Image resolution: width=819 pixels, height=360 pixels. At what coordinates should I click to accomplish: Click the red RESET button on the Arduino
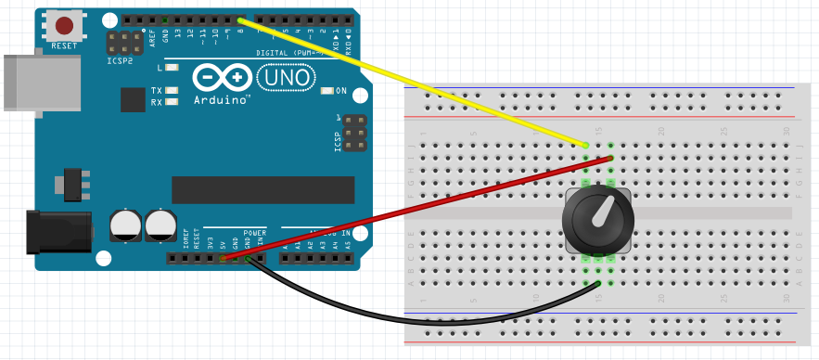pos(64,27)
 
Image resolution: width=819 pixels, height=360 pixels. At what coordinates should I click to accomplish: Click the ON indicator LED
pos(326,91)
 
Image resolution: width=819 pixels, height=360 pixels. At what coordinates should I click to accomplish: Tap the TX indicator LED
pos(172,91)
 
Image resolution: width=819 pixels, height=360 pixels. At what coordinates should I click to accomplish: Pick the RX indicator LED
pos(172,102)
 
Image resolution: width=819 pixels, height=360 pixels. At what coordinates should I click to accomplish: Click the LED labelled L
pos(172,68)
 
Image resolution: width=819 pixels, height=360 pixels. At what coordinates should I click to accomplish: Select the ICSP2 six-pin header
pos(119,42)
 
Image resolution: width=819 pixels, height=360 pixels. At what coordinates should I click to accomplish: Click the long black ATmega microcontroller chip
pos(263,189)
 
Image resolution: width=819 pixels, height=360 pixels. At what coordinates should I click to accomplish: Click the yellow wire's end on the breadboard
pos(586,146)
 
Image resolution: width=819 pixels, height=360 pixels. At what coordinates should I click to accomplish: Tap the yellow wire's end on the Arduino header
pos(240,19)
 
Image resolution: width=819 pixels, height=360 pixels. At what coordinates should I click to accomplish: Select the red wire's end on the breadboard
pos(611,158)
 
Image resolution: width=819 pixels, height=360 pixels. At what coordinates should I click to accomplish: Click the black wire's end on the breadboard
pos(598,283)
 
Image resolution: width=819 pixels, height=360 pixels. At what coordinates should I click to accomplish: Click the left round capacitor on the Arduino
pos(124,225)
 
